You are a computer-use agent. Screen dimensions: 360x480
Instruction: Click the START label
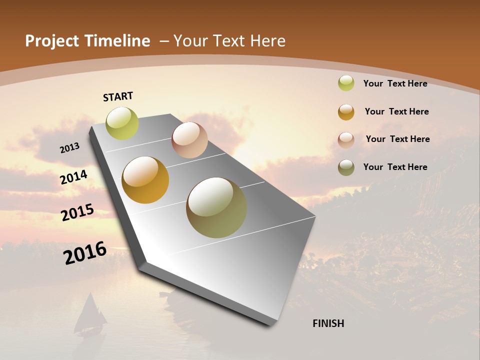[118, 96]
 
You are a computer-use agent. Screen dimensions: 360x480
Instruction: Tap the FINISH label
[328, 323]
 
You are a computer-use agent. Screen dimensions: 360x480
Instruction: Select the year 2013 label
[70, 148]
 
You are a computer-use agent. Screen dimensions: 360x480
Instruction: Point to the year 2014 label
[74, 177]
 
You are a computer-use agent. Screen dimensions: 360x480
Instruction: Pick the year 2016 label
[85, 253]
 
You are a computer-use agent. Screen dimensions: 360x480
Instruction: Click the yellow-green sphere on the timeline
[122, 123]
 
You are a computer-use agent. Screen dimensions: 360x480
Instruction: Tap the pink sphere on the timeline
[189, 140]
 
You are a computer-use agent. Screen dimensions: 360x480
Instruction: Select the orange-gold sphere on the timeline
[145, 180]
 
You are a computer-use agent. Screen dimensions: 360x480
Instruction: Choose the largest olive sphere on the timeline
[216, 207]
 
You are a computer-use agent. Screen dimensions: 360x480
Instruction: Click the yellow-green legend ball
[346, 83]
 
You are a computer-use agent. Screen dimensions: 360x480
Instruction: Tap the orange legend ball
[346, 112]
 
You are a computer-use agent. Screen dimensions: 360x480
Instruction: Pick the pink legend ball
[346, 140]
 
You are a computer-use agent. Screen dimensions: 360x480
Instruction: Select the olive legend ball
[346, 167]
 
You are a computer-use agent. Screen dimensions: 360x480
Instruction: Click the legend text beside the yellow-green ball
[395, 83]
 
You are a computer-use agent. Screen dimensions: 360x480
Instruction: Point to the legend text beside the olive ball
[395, 167]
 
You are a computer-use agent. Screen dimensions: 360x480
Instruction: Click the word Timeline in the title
[117, 41]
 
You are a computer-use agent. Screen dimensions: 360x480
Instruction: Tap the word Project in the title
[51, 41]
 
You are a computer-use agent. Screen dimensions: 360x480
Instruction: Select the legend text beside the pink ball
[397, 139]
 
